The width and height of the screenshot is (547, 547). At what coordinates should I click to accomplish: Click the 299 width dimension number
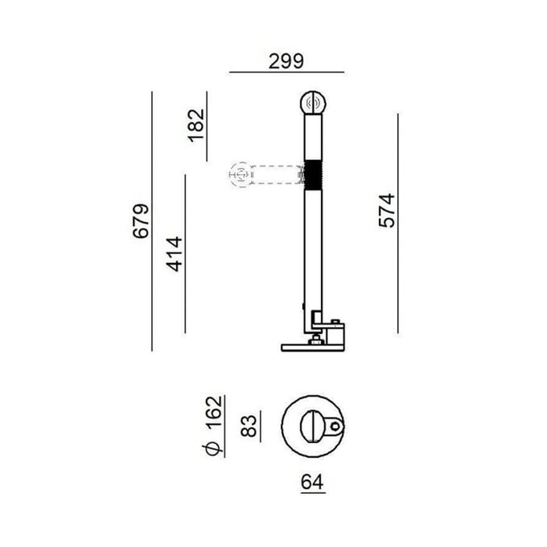(x=286, y=61)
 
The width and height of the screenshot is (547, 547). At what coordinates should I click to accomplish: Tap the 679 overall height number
(x=141, y=221)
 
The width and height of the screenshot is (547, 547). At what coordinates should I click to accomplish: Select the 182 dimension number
(x=196, y=125)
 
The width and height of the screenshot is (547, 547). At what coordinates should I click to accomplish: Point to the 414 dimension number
(x=174, y=254)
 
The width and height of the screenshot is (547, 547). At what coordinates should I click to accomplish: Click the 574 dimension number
(x=387, y=211)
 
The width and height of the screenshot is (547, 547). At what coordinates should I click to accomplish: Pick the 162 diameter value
(x=213, y=413)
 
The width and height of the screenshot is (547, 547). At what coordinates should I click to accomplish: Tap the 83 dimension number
(x=249, y=426)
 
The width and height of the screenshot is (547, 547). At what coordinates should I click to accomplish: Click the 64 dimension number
(x=312, y=482)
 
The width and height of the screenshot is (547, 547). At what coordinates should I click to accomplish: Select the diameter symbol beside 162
(x=212, y=449)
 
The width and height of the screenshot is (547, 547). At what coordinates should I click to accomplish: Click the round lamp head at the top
(x=313, y=103)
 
